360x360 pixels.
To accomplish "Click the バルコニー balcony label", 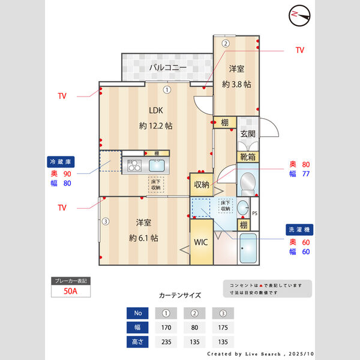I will (168, 67).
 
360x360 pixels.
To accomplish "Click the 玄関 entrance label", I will (248, 134).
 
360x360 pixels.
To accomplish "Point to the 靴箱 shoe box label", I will (247, 158).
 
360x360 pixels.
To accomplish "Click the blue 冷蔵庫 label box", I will (61, 162).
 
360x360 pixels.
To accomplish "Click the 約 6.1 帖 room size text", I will (143, 238).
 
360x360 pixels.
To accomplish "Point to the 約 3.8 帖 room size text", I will (237, 84).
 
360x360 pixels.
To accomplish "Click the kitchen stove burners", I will (133, 166).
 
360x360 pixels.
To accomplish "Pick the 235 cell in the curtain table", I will (167, 341).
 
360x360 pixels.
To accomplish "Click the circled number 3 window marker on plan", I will (106, 221).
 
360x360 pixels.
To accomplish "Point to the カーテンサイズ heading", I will (180, 295).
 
